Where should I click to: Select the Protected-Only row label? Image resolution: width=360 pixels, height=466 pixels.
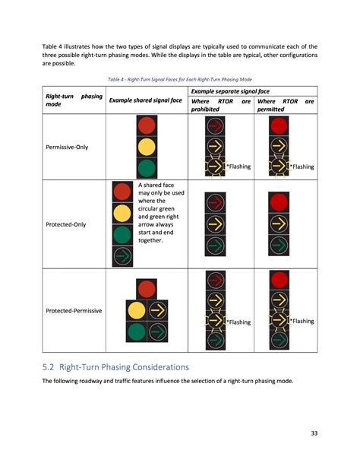(69, 224)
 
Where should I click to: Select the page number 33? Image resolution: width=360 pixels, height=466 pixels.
(314, 434)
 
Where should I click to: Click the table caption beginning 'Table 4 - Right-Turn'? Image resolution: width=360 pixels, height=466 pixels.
(179, 79)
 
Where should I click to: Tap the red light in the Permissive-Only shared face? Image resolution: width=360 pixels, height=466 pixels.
(147, 125)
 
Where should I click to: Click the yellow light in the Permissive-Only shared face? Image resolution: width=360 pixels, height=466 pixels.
(147, 146)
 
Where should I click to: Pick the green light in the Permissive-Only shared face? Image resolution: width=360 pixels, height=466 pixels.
(147, 167)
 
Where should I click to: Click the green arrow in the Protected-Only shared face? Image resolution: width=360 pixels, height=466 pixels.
(122, 257)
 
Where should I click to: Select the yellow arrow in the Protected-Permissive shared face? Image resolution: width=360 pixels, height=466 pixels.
(157, 310)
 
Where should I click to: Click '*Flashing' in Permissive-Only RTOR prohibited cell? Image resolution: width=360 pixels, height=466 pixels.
(238, 166)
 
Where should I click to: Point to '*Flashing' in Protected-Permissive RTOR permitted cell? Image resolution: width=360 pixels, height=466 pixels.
(302, 321)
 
